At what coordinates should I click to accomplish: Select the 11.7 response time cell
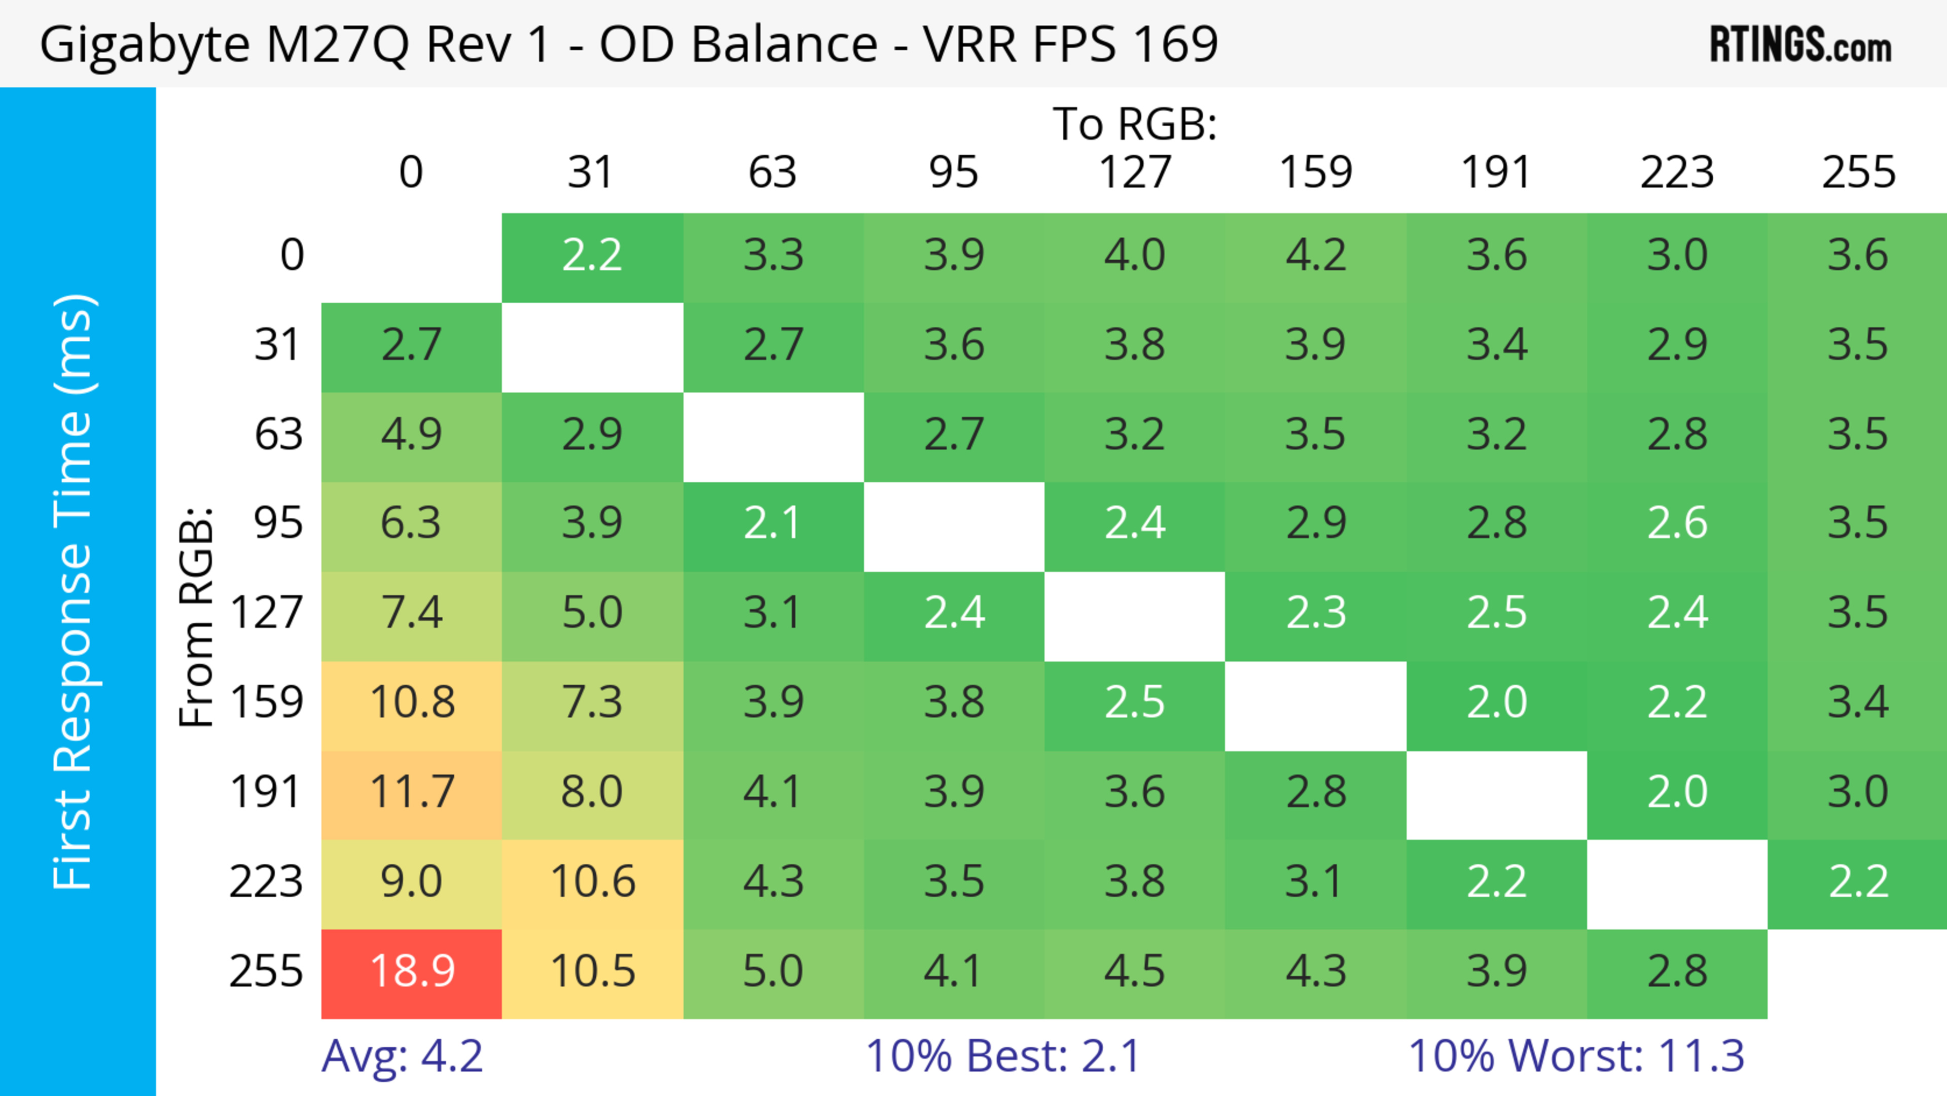(412, 792)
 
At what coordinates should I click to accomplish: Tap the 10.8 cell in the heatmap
(412, 702)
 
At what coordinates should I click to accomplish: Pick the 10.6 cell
(593, 881)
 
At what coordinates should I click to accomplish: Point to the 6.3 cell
(412, 523)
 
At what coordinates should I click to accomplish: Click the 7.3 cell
(593, 702)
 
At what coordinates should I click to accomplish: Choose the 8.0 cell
(593, 792)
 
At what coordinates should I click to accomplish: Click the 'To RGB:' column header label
(1135, 124)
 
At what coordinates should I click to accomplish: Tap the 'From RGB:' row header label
(197, 616)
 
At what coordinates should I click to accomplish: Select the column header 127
(1135, 172)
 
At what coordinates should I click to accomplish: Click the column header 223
(1677, 172)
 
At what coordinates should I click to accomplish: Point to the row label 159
(267, 702)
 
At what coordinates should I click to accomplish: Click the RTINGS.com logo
(1800, 45)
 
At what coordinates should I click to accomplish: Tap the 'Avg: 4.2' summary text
(402, 1056)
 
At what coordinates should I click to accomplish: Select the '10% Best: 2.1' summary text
(1002, 1056)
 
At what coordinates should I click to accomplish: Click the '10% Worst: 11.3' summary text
(1576, 1056)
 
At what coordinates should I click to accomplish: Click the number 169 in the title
(1175, 44)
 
